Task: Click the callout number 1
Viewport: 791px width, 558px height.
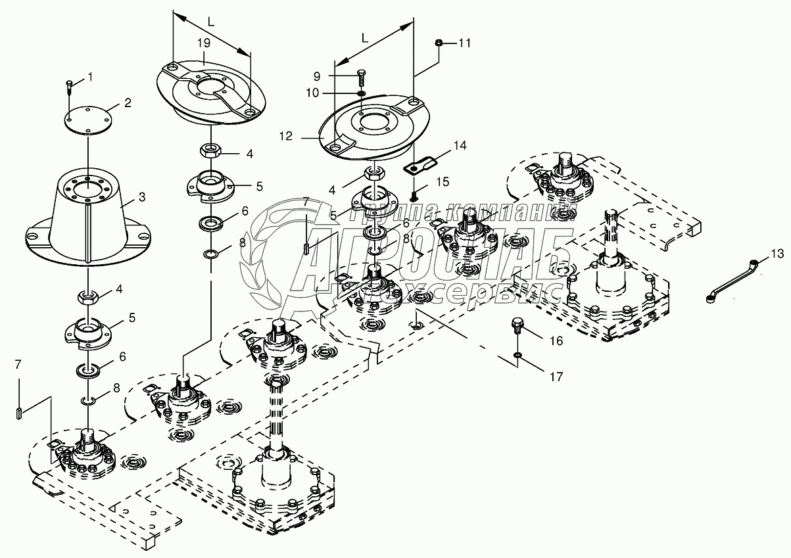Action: (x=90, y=77)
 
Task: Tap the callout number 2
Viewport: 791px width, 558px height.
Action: (x=128, y=103)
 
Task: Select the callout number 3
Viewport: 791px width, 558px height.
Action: (x=141, y=197)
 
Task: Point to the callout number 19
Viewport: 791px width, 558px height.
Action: (x=204, y=43)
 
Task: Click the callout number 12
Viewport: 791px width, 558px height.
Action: (x=285, y=136)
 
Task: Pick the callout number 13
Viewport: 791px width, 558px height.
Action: (x=777, y=254)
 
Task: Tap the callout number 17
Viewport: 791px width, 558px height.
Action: (x=556, y=377)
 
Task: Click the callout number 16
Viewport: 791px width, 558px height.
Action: (x=556, y=341)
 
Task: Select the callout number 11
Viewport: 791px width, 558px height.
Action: (x=465, y=43)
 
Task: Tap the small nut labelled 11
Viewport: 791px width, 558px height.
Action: (x=439, y=43)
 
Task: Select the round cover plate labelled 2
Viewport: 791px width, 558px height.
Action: (x=88, y=120)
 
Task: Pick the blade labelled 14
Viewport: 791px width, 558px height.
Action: (x=421, y=165)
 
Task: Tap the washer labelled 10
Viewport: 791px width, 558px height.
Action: (x=361, y=93)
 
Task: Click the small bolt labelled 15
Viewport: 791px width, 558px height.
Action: (x=414, y=194)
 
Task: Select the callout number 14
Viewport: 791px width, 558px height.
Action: (x=460, y=145)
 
